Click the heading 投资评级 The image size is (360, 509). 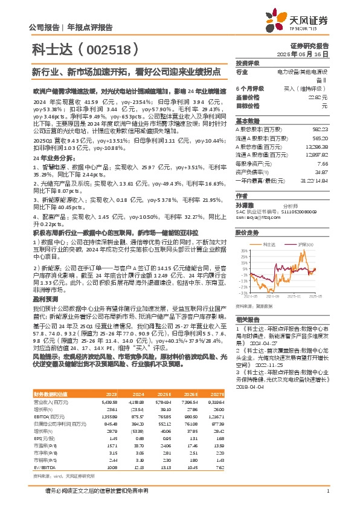tap(247, 63)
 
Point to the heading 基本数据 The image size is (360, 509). tap(247, 120)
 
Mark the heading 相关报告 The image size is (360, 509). tap(247, 319)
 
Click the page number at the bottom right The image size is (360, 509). tap(327, 491)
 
